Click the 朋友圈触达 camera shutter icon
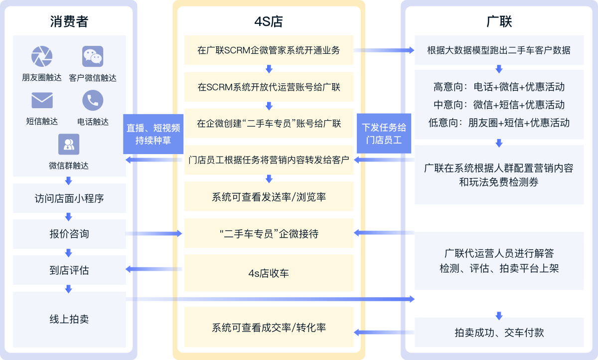pos(42,56)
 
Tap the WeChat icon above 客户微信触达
pos(93,56)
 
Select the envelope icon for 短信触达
pos(42,101)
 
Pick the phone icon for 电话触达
pos(93,101)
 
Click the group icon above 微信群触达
pos(69,145)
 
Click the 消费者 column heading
pos(69,21)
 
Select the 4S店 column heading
pos(269,21)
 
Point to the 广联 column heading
pos(499,21)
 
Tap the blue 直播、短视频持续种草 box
pos(153,134)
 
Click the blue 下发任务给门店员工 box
pos(384,134)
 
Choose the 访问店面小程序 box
pos(69,198)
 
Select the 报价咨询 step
pos(69,234)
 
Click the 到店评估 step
pos(69,270)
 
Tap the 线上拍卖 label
pos(69,319)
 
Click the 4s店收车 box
pos(269,273)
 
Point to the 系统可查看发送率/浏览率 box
pos(269,197)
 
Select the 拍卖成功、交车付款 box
pos(499,333)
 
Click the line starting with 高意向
pos(499,87)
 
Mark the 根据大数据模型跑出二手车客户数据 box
pos(499,50)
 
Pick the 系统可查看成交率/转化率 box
pos(269,328)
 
